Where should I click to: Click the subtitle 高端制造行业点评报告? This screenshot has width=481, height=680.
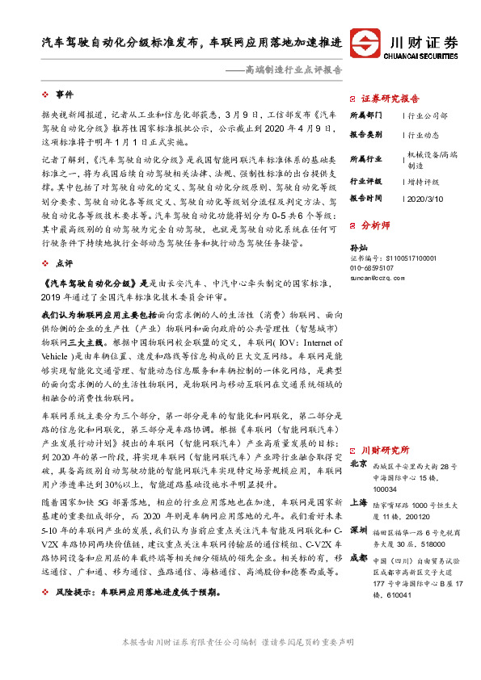[292, 70]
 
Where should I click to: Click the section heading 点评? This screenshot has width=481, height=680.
[64, 263]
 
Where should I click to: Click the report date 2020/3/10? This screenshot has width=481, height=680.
[424, 197]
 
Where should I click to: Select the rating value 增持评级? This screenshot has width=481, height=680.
[424, 182]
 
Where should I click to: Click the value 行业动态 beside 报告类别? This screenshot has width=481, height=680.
[424, 136]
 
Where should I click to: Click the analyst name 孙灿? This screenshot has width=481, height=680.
[357, 247]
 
